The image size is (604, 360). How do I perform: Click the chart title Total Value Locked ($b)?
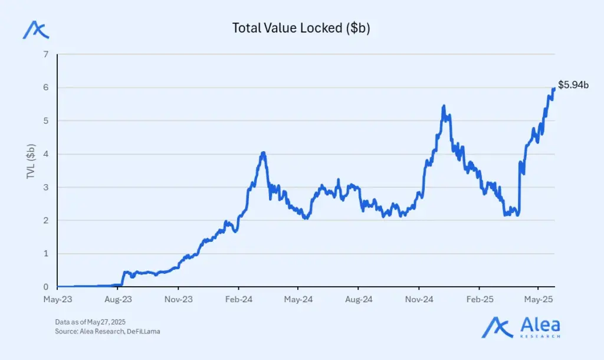(x=301, y=28)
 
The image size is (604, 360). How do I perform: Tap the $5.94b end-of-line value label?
(x=573, y=86)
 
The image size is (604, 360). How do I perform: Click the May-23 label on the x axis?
(x=57, y=300)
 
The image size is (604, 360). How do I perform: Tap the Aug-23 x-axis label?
(x=118, y=300)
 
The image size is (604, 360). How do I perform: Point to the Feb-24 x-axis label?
(x=238, y=300)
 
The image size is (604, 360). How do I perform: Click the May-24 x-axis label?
(x=298, y=300)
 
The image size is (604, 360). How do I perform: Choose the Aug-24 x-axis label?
(x=359, y=300)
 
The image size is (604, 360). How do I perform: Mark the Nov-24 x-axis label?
(x=419, y=300)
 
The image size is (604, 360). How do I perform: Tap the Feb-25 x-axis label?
(x=480, y=300)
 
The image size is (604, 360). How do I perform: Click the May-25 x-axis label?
(x=539, y=300)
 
